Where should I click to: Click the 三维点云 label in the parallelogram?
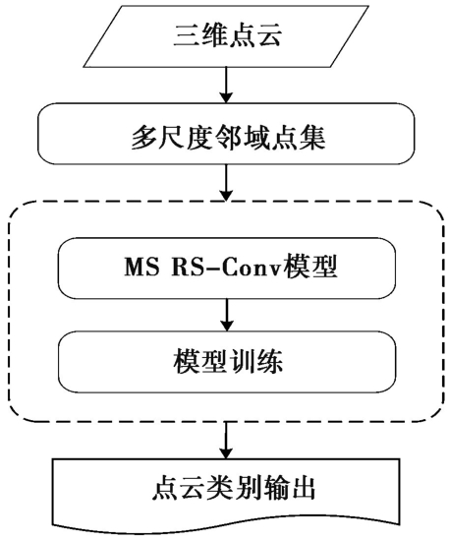[x=227, y=35]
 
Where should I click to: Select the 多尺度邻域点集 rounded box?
[x=226, y=133]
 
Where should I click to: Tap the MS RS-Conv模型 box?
[x=226, y=268]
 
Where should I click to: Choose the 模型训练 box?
[x=226, y=362]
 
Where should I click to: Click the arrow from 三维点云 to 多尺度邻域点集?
[x=226, y=85]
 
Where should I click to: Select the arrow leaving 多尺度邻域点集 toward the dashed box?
[x=226, y=182]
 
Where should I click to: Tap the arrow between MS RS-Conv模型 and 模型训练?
[x=226, y=315]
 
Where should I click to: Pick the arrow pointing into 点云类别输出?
[x=226, y=440]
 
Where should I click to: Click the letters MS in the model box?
[x=141, y=267]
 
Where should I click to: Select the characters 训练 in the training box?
[x=255, y=362]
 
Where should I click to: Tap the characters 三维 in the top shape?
[x=199, y=35]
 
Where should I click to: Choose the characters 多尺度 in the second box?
[x=171, y=138]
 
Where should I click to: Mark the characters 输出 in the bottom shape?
[x=289, y=488]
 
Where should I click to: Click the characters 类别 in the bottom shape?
[x=234, y=488]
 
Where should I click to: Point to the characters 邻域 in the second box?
[x=241, y=138]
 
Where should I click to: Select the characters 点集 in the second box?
[x=299, y=138]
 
